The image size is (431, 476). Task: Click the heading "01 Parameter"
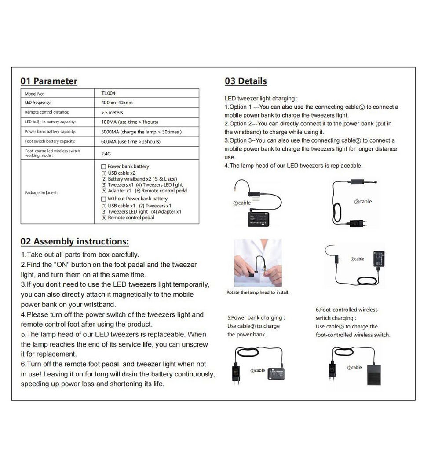coord(49,81)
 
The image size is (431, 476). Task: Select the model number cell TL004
coord(108,93)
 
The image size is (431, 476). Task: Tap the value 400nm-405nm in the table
coord(117,103)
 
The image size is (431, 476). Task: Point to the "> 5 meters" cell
coord(112,112)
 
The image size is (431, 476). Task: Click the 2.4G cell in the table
coord(106,154)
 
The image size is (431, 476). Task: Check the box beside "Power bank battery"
coord(104,166)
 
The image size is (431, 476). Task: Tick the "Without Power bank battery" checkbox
coord(104,199)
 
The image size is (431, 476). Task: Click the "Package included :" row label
coord(41,192)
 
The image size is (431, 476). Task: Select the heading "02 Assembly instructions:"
coord(75,241)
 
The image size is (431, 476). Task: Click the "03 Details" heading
coord(245,81)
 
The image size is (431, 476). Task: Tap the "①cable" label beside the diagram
coord(242,203)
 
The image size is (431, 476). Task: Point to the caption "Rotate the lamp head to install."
coord(258,292)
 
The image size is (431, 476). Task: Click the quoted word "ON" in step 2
coord(62,265)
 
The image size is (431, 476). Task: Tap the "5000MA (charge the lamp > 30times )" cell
coord(141,132)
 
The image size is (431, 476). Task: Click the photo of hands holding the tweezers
coord(258,263)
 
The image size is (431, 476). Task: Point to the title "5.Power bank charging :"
coord(256,317)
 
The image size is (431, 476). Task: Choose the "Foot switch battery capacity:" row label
coord(50,141)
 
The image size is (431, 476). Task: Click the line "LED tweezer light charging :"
coord(261,99)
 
